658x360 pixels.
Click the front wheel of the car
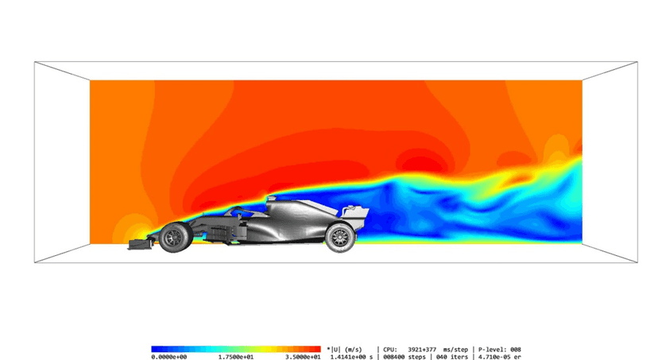coord(176,238)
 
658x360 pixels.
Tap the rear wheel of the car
coord(340,238)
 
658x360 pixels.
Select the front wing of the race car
coord(141,244)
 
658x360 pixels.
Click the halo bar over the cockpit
coord(239,211)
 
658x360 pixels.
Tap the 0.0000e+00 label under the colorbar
coord(169,357)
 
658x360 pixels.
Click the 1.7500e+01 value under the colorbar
coord(236,357)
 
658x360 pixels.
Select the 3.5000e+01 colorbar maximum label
coord(303,357)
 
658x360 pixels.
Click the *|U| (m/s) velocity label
coord(344,350)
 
